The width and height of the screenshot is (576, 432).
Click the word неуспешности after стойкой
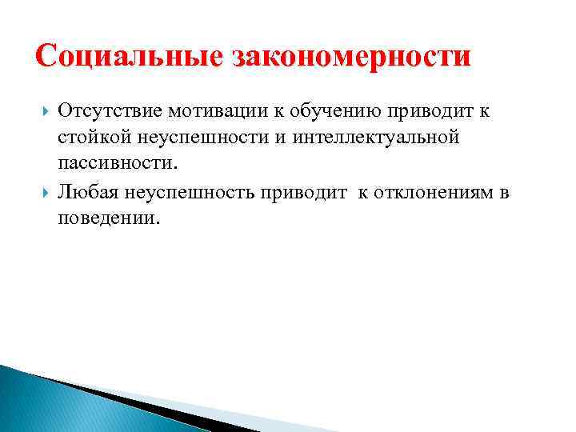point(194,138)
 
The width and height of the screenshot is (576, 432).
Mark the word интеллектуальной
point(376,138)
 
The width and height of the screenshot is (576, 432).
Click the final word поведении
point(109,218)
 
